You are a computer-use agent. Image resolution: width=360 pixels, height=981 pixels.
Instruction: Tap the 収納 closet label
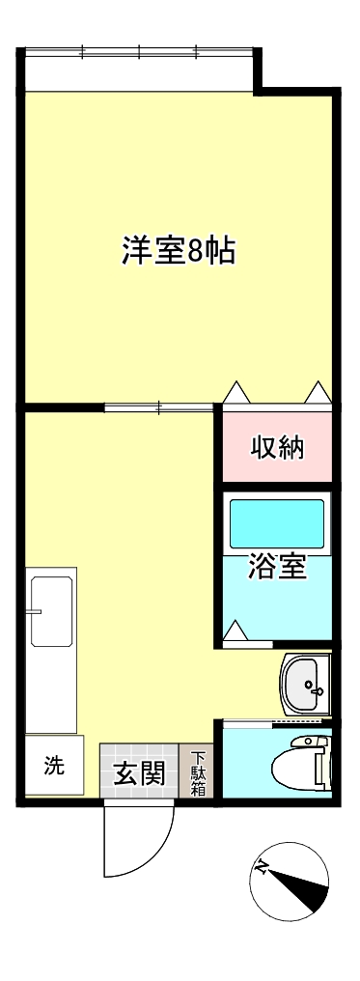(278, 447)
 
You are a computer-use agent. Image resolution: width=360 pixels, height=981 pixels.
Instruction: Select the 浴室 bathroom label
(278, 567)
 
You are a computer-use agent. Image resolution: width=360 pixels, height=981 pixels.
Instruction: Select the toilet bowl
(298, 767)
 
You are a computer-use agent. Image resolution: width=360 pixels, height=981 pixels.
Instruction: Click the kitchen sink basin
(51, 611)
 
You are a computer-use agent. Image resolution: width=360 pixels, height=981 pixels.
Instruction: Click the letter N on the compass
(262, 867)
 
